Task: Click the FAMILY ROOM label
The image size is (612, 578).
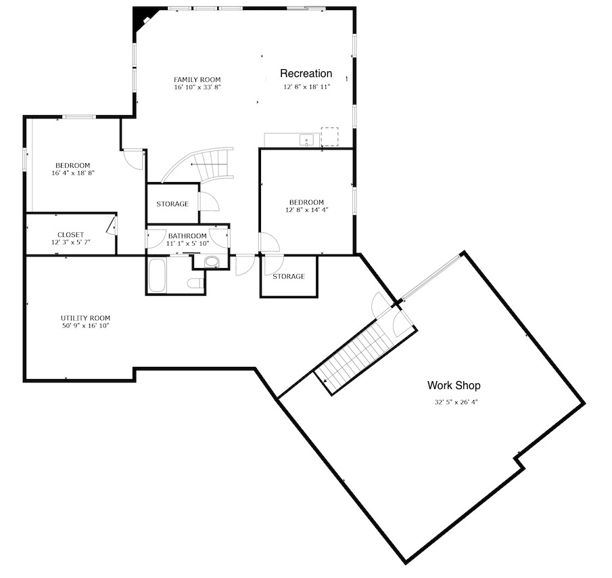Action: tap(197, 80)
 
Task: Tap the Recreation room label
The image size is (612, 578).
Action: tap(306, 73)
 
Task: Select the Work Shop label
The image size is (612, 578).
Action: tap(454, 386)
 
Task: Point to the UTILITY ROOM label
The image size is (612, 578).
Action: tap(85, 318)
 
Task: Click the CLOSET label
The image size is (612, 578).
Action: tap(70, 235)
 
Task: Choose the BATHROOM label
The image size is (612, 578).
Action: tap(187, 236)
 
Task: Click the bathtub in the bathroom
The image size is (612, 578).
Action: tap(157, 275)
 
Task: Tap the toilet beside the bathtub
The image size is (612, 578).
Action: tap(195, 283)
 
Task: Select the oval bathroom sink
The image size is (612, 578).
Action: tap(212, 262)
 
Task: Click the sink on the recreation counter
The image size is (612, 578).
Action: tap(307, 140)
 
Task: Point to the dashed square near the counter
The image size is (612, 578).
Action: tap(329, 137)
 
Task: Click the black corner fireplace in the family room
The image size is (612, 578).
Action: tap(143, 20)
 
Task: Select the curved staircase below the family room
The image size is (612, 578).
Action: tap(203, 164)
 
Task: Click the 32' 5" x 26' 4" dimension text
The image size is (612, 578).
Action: tap(456, 402)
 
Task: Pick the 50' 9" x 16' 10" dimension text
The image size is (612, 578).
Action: tap(85, 326)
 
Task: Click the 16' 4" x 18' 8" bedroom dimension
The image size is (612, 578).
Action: tap(73, 173)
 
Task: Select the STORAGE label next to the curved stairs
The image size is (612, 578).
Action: tap(172, 204)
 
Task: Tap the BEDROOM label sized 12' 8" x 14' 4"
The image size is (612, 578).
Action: tap(306, 202)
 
